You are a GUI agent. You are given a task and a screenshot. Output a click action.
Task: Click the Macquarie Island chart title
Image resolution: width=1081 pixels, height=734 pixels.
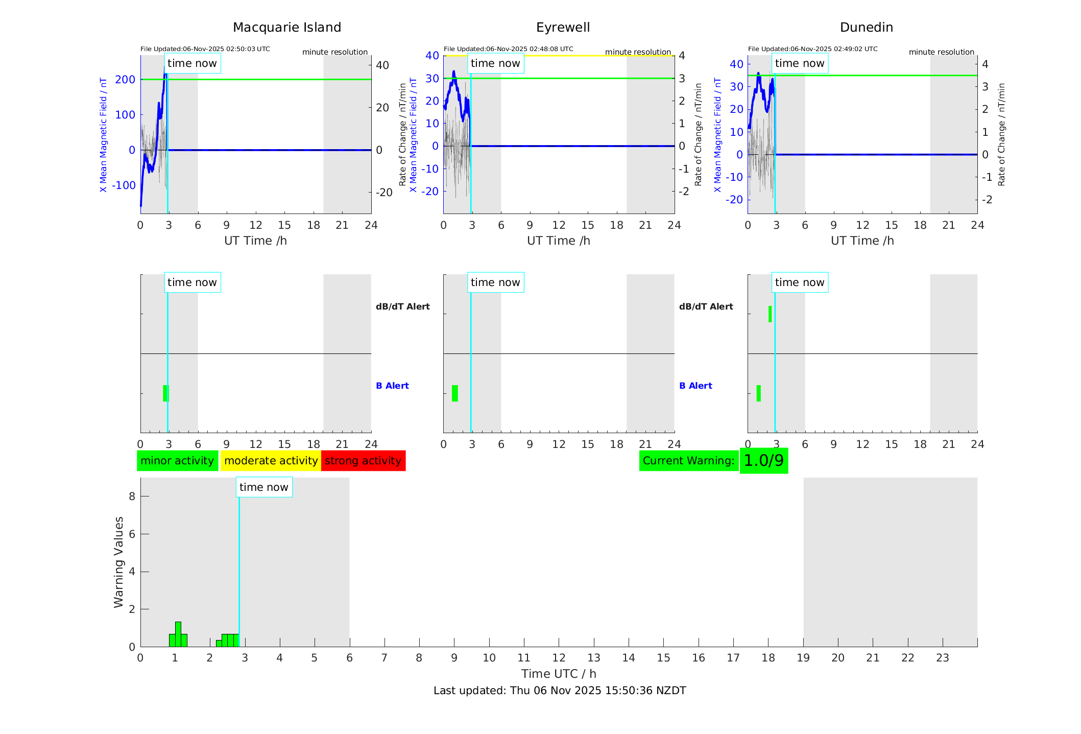pyautogui.click(x=287, y=28)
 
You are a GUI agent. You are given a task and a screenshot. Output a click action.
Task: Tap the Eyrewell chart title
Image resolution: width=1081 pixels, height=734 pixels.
pyautogui.click(x=563, y=28)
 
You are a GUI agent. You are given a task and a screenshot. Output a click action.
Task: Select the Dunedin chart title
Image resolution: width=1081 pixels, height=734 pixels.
pyautogui.click(x=866, y=28)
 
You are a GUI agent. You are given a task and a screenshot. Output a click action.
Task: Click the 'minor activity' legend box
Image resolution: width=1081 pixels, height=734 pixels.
pyautogui.click(x=177, y=461)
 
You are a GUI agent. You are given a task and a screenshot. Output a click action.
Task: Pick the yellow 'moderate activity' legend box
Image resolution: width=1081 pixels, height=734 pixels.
pyautogui.click(x=271, y=461)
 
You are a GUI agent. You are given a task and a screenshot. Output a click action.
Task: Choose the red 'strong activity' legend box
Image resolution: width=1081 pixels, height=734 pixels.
pyautogui.click(x=363, y=461)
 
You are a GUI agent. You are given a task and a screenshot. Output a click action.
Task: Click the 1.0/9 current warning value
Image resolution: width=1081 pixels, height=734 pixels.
pyautogui.click(x=763, y=461)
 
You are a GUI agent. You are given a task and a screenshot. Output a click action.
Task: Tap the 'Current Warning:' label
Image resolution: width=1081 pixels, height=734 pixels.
pyautogui.click(x=688, y=461)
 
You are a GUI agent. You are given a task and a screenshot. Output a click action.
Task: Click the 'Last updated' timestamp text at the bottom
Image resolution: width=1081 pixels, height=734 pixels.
pyautogui.click(x=560, y=691)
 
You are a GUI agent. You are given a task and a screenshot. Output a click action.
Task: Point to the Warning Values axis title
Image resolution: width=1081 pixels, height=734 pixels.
pyautogui.click(x=118, y=562)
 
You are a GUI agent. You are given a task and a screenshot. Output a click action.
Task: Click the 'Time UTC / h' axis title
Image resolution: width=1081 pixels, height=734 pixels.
pyautogui.click(x=559, y=674)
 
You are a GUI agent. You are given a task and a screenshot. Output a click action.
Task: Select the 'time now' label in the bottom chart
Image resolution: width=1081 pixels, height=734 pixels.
pyautogui.click(x=263, y=487)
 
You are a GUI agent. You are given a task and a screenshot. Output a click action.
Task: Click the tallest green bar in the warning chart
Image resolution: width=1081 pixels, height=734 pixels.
pyautogui.click(x=178, y=634)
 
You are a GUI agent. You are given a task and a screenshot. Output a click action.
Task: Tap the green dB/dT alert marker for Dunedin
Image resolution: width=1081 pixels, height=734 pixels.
pyautogui.click(x=770, y=314)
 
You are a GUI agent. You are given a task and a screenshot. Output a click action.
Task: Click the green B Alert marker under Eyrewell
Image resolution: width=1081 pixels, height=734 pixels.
pyautogui.click(x=455, y=393)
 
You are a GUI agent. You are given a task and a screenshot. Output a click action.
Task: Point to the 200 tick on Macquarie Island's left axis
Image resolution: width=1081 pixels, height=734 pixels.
pyautogui.click(x=125, y=80)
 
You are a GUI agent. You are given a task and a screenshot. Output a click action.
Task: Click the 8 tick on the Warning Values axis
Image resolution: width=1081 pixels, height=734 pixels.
pyautogui.click(x=132, y=496)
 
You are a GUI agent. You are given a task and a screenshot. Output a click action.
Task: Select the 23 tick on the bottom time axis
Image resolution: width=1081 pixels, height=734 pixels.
pyautogui.click(x=942, y=658)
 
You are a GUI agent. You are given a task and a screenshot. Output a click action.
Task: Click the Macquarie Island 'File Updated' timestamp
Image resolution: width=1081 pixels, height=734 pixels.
pyautogui.click(x=205, y=49)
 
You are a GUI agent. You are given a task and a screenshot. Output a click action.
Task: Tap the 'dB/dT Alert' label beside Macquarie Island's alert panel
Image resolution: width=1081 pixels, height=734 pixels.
pyautogui.click(x=402, y=306)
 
